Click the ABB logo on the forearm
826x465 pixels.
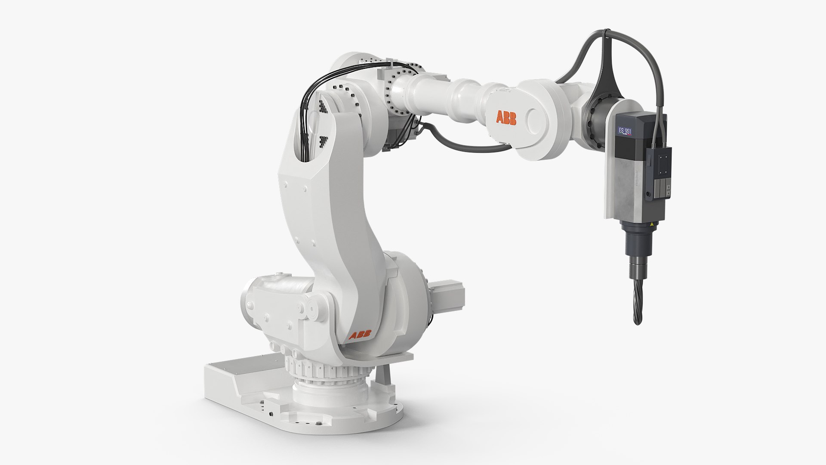pos(506,118)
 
